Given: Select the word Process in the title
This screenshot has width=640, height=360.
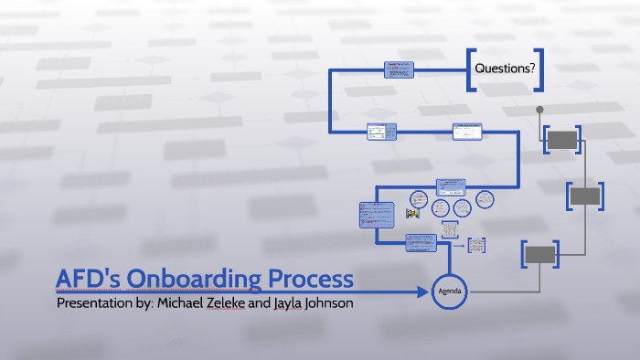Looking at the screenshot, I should (308, 279).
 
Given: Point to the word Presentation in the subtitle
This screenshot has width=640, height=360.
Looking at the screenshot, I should (96, 302).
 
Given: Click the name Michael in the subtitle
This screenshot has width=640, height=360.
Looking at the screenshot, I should (188, 302).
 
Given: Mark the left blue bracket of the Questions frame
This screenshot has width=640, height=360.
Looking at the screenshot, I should (469, 69).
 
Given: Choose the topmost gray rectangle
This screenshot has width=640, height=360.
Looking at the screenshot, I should (562, 140).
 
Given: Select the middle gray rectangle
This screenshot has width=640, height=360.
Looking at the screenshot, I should (585, 196).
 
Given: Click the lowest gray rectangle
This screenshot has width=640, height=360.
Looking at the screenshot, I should (540, 254).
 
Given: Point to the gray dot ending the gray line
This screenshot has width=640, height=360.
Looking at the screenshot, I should (539, 111).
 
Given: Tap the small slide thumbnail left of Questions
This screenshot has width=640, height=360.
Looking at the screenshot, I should (400, 69).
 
